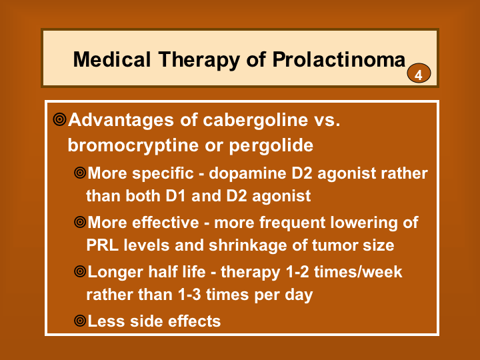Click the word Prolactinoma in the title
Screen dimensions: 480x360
click(x=339, y=60)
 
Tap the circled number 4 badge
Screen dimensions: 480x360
click(x=419, y=73)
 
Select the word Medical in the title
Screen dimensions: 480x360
click(x=112, y=59)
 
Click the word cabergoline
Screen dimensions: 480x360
click(x=255, y=120)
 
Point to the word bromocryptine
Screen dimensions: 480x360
click(x=133, y=145)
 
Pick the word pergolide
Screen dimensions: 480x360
click(x=271, y=145)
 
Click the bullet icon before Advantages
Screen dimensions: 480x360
click(x=59, y=119)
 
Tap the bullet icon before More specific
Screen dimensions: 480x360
click(x=80, y=173)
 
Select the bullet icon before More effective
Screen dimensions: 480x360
click(x=80, y=222)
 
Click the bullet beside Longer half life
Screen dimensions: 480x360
click(x=80, y=271)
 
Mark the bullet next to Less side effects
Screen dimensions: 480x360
click(x=80, y=321)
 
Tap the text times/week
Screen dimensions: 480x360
click(x=358, y=272)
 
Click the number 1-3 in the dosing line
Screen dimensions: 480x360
click(x=189, y=295)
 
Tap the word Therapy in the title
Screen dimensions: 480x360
click(x=199, y=60)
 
